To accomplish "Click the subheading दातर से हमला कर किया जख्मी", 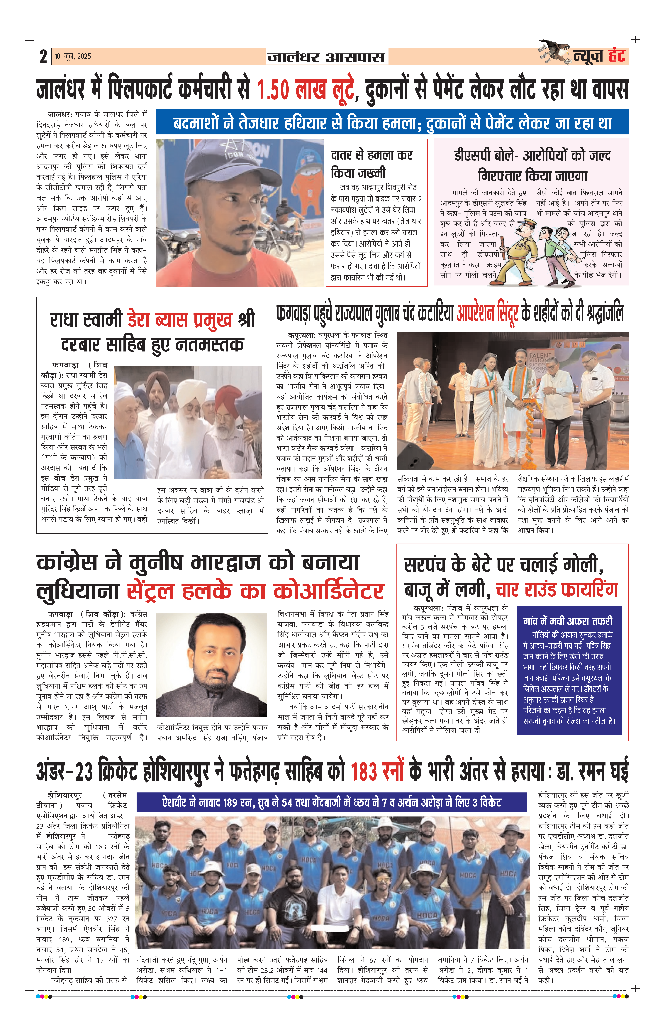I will coord(371,163).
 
